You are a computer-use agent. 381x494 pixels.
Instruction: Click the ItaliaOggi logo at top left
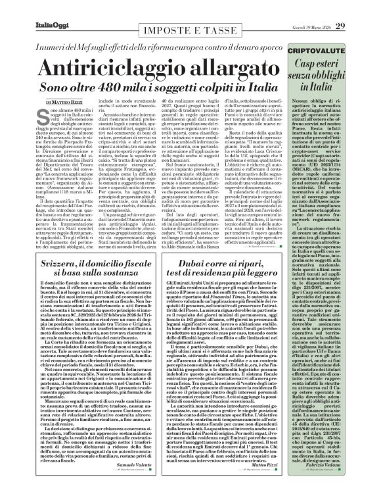(x=30, y=8)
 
